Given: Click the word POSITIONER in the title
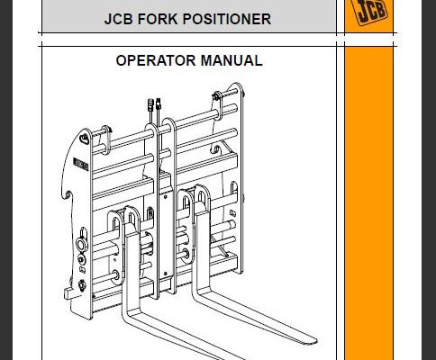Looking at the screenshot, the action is pos(227,19).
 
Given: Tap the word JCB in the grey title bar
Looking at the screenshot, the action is pos(118,19).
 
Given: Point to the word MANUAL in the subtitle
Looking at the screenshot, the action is pos(232,60).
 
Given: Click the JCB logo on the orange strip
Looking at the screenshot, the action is pos(369,11).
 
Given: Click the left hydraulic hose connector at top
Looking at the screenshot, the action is pos(150,105).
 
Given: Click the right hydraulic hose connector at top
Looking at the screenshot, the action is pos(159,103).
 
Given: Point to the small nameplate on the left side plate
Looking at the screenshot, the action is pos(80,165).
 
